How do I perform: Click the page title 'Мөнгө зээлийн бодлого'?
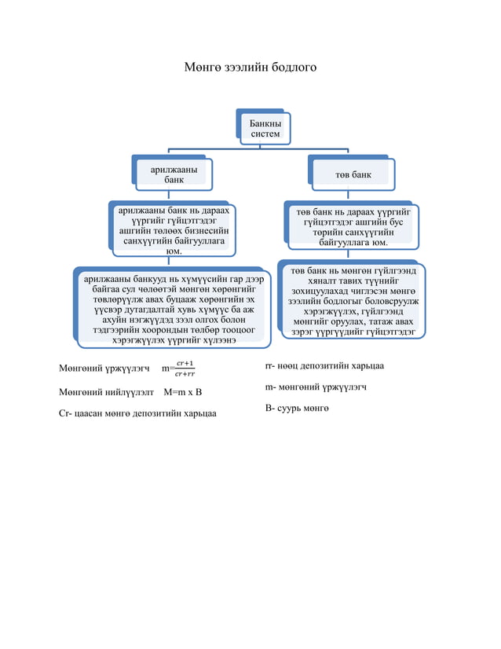coord(251,68)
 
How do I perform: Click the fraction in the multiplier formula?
coord(185,368)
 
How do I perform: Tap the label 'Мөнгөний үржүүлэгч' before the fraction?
coord(104,368)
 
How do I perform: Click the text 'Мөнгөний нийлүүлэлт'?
coord(106,390)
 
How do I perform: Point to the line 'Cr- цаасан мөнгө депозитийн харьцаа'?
coord(137,412)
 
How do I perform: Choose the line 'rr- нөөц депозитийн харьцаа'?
coord(324,365)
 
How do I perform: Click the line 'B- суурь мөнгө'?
coord(297,408)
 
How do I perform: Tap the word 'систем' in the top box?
coord(265,134)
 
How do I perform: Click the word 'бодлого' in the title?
coord(292,68)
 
